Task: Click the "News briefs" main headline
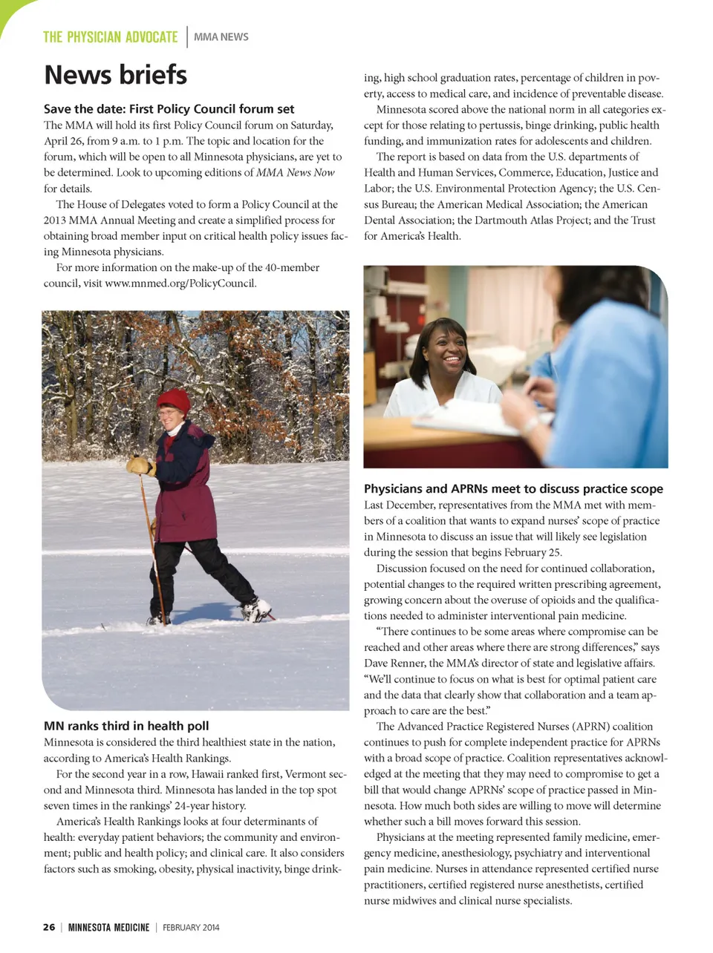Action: [x=115, y=75]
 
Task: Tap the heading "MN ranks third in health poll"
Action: [x=126, y=726]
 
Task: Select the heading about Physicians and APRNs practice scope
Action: [x=513, y=488]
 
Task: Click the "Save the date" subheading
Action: [x=169, y=109]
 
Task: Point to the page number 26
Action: [x=49, y=927]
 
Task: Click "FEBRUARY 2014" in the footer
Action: [x=191, y=927]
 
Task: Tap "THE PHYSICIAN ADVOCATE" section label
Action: [x=110, y=37]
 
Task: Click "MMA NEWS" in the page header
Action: [x=221, y=37]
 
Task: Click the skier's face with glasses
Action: [x=169, y=420]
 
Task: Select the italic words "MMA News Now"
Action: [x=295, y=173]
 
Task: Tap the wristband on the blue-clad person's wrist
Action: [x=530, y=423]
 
